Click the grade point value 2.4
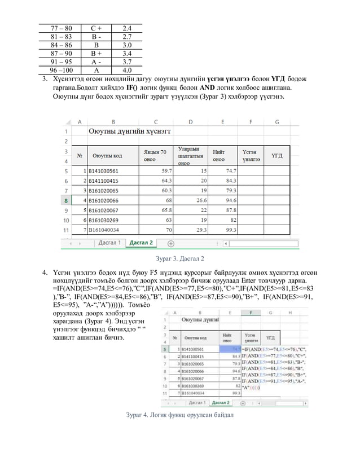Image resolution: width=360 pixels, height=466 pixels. point(127,28)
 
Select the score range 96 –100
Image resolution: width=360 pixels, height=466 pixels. point(61,71)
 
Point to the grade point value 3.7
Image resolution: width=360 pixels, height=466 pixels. point(127,60)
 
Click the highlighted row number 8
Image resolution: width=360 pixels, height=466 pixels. point(67,200)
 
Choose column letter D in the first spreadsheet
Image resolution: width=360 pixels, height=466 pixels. point(190,121)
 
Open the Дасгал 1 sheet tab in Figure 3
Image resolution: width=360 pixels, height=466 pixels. point(109,243)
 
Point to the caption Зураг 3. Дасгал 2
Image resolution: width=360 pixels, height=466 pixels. point(179,260)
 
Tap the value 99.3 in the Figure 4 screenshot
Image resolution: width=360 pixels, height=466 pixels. point(228,393)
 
